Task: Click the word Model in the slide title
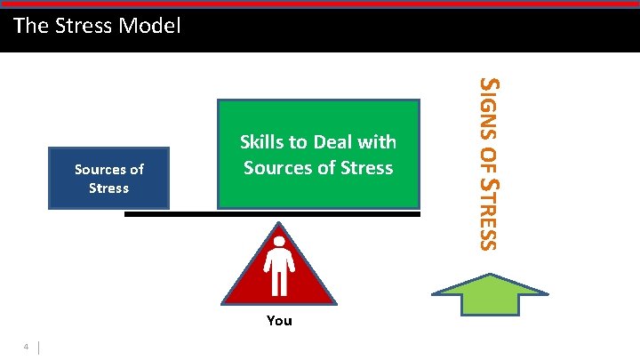(151, 26)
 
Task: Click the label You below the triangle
(279, 321)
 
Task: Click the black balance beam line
(178, 214)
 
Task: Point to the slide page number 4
(28, 347)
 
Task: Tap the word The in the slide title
(29, 26)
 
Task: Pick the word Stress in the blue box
(108, 188)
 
